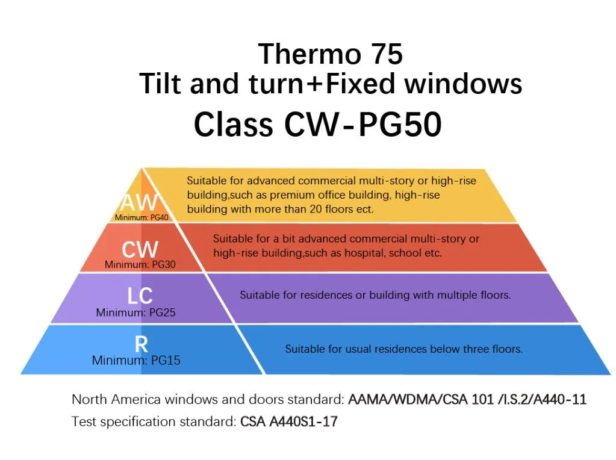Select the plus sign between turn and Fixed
point(315,84)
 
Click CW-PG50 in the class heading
point(363,124)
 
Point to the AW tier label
point(139,203)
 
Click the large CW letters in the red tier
point(140,249)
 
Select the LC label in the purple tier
point(140,296)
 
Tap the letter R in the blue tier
point(142,344)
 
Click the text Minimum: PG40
point(142,217)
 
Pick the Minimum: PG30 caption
point(140,264)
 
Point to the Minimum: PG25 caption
point(135,312)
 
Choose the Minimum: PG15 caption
point(136,360)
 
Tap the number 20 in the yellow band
point(316,209)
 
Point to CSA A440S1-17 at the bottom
point(289,421)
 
